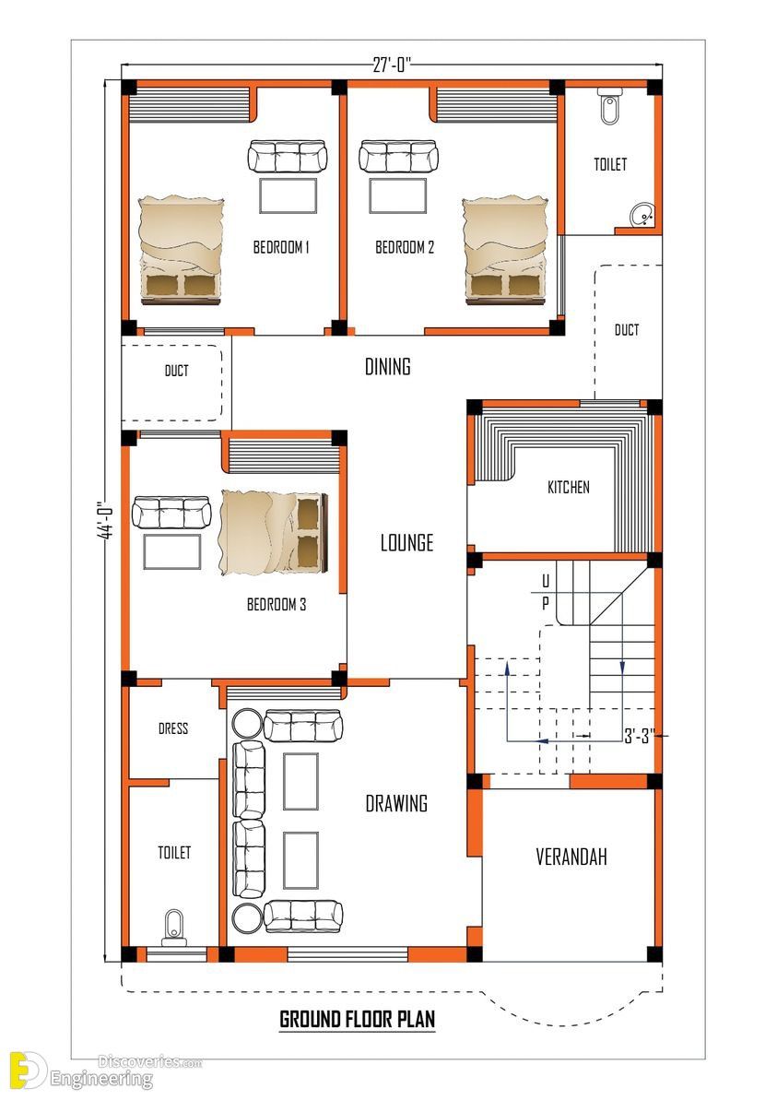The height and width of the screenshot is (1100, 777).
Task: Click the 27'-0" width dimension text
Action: [x=392, y=65]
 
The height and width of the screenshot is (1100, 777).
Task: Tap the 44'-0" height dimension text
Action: [x=106, y=520]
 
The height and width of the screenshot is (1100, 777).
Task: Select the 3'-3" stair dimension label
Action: [x=640, y=735]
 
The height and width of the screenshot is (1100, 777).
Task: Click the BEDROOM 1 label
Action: [x=280, y=247]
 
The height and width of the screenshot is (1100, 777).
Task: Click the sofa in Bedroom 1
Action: [x=288, y=157]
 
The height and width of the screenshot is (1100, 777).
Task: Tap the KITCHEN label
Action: [x=568, y=487]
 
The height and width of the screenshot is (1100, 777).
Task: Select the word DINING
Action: [x=388, y=366]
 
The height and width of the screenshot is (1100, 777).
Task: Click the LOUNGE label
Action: [x=406, y=542]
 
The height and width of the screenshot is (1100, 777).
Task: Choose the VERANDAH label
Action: [x=571, y=857]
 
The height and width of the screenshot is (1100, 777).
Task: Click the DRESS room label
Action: [x=173, y=728]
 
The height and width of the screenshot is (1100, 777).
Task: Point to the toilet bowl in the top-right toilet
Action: [x=609, y=107]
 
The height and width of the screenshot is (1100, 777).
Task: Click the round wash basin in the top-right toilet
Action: [x=642, y=215]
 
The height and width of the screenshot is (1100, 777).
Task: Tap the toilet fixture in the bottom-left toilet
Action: [x=173, y=928]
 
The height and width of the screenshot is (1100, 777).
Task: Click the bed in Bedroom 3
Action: [x=274, y=532]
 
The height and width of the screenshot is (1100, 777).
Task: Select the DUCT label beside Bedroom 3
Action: [x=177, y=371]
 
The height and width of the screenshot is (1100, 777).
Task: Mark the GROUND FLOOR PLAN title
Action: [x=357, y=1020]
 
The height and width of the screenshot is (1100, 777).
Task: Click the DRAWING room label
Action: [x=396, y=803]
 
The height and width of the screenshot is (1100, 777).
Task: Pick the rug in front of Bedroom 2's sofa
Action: [x=398, y=195]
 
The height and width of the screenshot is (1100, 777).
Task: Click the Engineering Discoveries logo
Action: [x=105, y=1070]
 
